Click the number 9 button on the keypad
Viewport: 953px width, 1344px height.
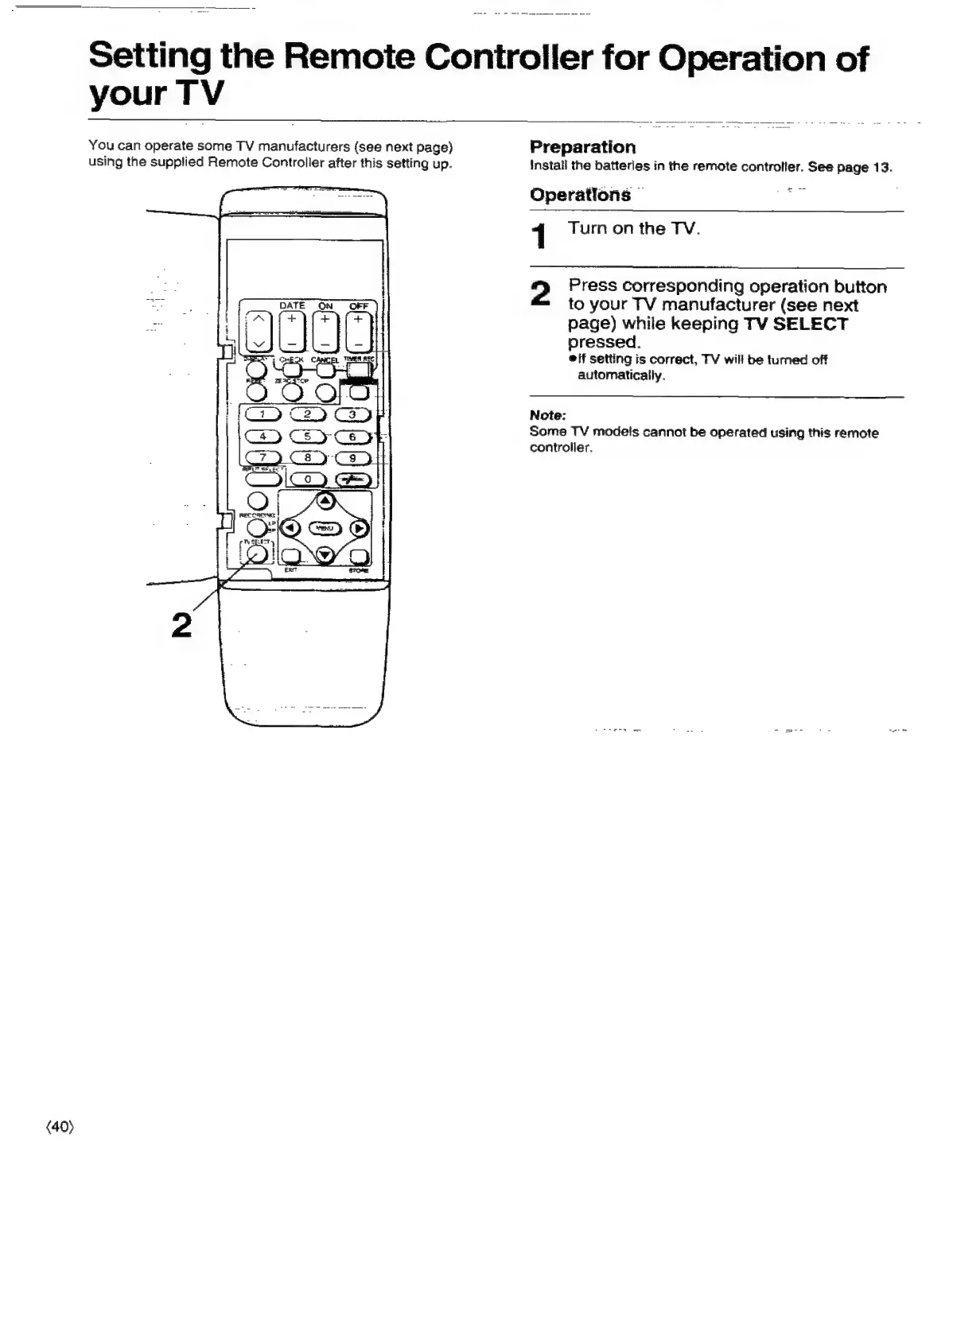pyautogui.click(x=352, y=457)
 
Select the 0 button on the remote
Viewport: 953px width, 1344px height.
pyautogui.click(x=307, y=478)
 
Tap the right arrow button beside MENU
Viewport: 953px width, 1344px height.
pyautogui.click(x=360, y=528)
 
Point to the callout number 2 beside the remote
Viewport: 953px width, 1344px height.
pyautogui.click(x=181, y=625)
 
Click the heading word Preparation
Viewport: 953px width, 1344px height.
pyautogui.click(x=582, y=147)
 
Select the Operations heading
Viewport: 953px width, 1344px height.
pyautogui.click(x=580, y=195)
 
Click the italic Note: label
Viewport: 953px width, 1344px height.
pyautogui.click(x=547, y=415)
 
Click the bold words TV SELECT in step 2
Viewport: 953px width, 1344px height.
pyautogui.click(x=795, y=324)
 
